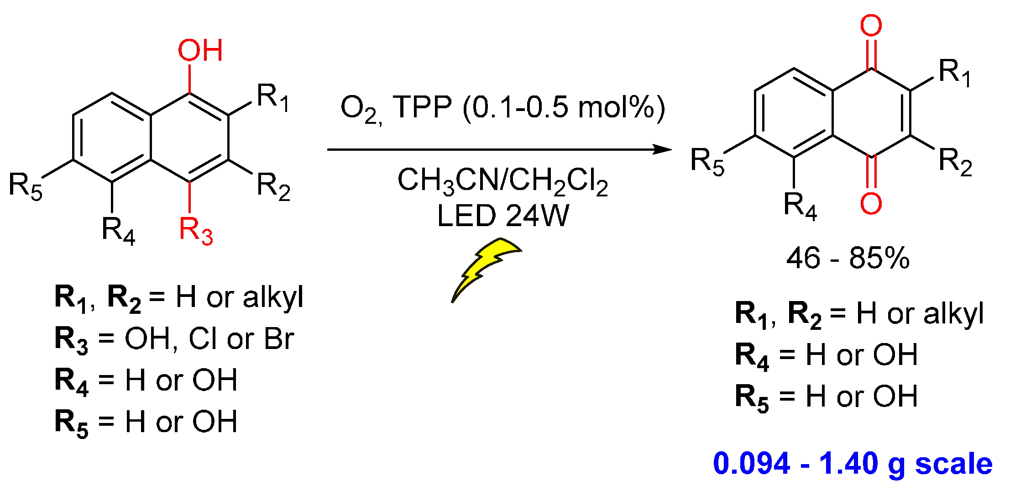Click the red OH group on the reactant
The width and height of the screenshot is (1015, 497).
coord(200,50)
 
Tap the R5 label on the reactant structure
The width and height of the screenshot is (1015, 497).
coord(26,186)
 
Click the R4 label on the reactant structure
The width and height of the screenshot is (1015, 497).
coord(118,230)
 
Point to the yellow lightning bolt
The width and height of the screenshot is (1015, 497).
coord(484,267)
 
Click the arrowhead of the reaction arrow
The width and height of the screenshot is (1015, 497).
coord(662,149)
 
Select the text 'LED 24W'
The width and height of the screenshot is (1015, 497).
coord(503,216)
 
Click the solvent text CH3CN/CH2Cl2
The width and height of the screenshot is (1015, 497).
coord(502,181)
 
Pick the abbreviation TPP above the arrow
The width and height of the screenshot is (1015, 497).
coord(422,107)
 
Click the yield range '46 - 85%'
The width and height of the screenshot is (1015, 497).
coord(848,258)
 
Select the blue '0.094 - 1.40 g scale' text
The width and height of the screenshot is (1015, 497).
coord(853,463)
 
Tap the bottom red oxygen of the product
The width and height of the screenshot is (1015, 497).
coord(871,203)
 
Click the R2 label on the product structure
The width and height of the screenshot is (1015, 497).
coord(955,162)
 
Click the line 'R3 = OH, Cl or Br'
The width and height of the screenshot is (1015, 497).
coord(174,339)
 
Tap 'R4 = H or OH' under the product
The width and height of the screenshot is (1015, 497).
coord(826,355)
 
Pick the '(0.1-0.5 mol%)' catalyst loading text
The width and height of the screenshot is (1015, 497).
coord(564,108)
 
